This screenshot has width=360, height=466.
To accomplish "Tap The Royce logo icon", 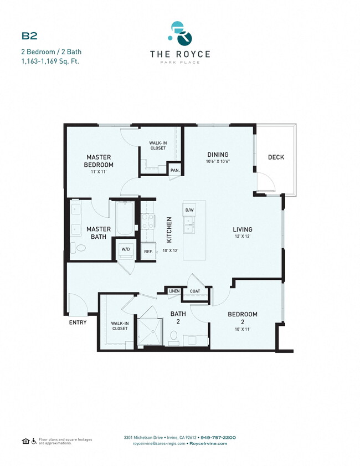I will coord(180,34).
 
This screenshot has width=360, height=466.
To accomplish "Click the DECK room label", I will coord(276,157).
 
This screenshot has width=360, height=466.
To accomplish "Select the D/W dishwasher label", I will coord(189,210).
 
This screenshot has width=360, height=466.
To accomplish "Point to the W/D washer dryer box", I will coord(126,249).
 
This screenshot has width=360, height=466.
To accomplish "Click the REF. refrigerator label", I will coord(148,252).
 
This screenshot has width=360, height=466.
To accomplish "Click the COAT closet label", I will coord(195,291).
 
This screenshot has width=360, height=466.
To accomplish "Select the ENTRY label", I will coord(78,322).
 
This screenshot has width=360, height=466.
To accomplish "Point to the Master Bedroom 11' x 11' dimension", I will coord(99,172).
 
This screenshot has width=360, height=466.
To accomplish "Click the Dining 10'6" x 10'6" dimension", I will coord(218,162).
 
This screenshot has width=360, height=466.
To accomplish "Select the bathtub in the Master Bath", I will coord(124,219).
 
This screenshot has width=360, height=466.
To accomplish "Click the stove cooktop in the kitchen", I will coord(147,222).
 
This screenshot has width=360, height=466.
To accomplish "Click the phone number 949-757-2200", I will coord(218,437).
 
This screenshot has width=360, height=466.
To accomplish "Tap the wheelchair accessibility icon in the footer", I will coord(34,441).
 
